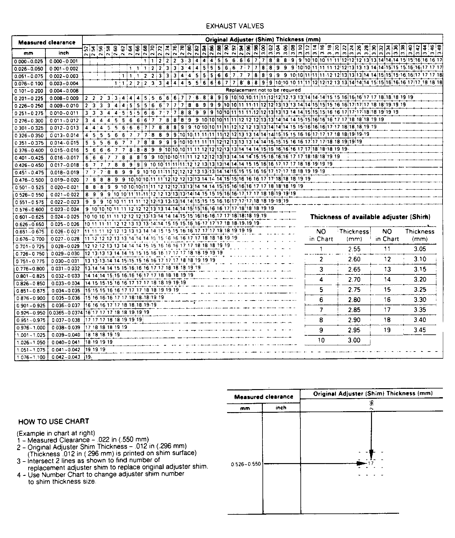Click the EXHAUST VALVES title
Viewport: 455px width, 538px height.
pos(235,26)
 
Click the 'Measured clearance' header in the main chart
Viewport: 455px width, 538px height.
pos(47,43)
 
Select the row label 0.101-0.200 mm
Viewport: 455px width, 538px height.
pos(29,91)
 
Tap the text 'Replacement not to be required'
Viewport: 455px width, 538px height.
pos(263,90)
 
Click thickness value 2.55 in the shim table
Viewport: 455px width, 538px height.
pos(354,249)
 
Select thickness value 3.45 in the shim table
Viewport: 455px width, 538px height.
pos(420,330)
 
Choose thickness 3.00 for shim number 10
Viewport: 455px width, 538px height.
pos(354,340)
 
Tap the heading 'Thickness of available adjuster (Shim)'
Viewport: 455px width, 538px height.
pos(370,217)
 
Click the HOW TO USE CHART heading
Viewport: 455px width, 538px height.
pos(53,421)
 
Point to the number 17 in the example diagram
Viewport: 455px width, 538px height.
pos(371,463)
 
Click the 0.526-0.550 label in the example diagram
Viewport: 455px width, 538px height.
pos(246,464)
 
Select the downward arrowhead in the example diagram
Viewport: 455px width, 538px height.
pos(371,453)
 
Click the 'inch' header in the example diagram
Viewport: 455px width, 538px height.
pos(281,407)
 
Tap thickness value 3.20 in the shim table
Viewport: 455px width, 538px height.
pos(420,279)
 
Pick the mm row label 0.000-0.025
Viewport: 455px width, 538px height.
pos(29,61)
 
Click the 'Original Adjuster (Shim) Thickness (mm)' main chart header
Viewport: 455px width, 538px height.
pos(262,39)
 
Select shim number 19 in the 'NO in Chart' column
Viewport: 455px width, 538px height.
pos(387,330)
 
